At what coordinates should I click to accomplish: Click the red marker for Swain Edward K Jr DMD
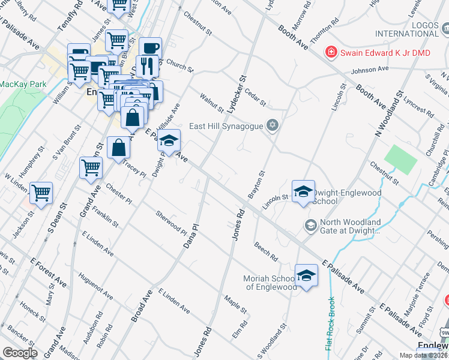click(330, 53)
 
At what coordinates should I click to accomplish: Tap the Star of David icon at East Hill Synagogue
click(273, 125)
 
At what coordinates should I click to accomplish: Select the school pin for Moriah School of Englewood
click(306, 275)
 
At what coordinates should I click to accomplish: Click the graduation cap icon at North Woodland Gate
click(310, 226)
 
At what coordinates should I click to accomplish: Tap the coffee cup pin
click(150, 48)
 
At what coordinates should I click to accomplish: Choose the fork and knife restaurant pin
click(145, 65)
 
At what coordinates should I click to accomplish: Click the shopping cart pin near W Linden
click(41, 193)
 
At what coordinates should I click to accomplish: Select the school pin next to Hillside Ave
click(169, 141)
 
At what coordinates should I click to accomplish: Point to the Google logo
click(20, 353)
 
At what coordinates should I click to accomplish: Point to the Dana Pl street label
click(190, 237)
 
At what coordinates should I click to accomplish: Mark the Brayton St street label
click(256, 185)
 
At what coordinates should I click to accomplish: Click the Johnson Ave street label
click(370, 69)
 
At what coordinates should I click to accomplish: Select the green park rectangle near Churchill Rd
click(400, 158)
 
